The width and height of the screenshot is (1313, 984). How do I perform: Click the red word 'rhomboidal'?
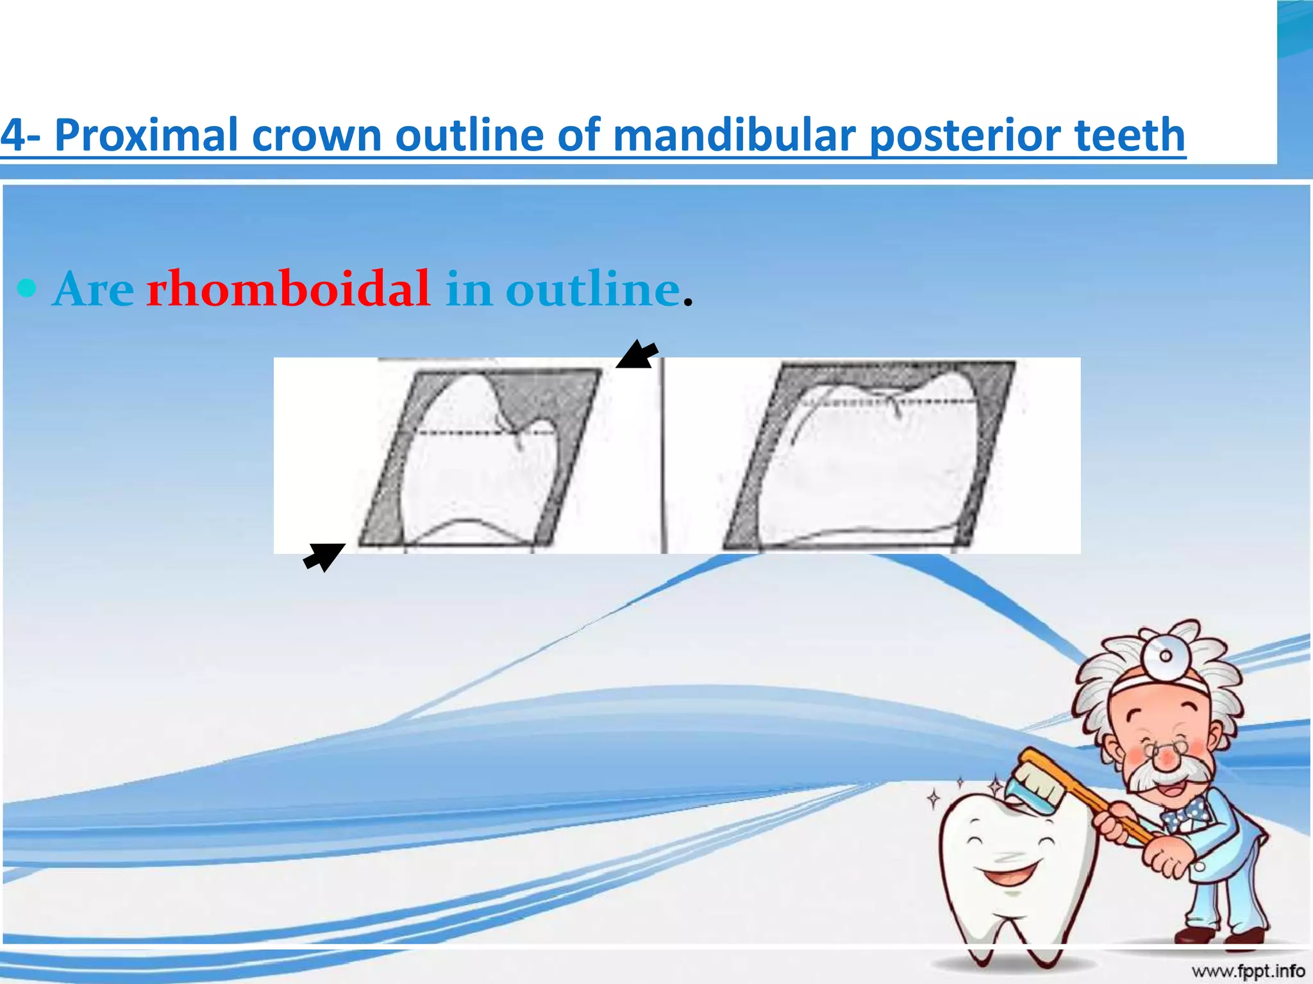pos(288,289)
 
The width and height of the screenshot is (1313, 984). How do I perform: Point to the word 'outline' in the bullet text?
pos(592,289)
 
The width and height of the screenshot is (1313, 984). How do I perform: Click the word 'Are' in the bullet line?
pos(94,290)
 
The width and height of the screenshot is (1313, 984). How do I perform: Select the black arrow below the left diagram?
pos(324,556)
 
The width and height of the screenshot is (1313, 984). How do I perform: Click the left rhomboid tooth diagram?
pos(478,456)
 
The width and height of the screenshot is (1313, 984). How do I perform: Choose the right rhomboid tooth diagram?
pos(869,456)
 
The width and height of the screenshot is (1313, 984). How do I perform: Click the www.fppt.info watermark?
pos(1248,971)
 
